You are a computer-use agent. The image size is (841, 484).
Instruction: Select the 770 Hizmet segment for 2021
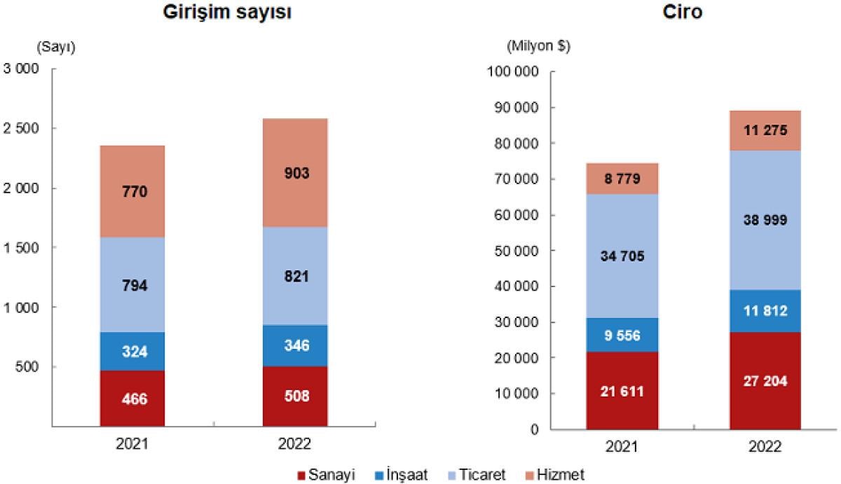pos(132,191)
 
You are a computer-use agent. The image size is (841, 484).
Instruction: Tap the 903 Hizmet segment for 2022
pos(295,173)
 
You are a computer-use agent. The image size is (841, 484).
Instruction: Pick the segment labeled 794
pos(132,285)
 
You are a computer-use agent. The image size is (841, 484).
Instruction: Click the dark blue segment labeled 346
pos(295,345)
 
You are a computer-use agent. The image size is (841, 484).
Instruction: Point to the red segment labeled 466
pos(132,398)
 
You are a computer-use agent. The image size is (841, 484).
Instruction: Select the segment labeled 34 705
pos(623,256)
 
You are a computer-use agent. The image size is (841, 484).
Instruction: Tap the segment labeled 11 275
pos(765,130)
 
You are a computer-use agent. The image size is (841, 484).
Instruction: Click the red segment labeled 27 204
pos(765,380)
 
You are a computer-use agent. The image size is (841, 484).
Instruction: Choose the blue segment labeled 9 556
pos(623,335)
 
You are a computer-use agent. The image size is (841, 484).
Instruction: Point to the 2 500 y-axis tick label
pos(23,129)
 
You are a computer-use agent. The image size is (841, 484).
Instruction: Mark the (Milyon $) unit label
pos(538,46)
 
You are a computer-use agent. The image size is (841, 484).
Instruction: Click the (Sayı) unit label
pos(55,46)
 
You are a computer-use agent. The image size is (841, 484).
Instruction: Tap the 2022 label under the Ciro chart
pos(765,446)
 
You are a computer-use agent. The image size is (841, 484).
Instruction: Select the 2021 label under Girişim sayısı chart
pos(132,443)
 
